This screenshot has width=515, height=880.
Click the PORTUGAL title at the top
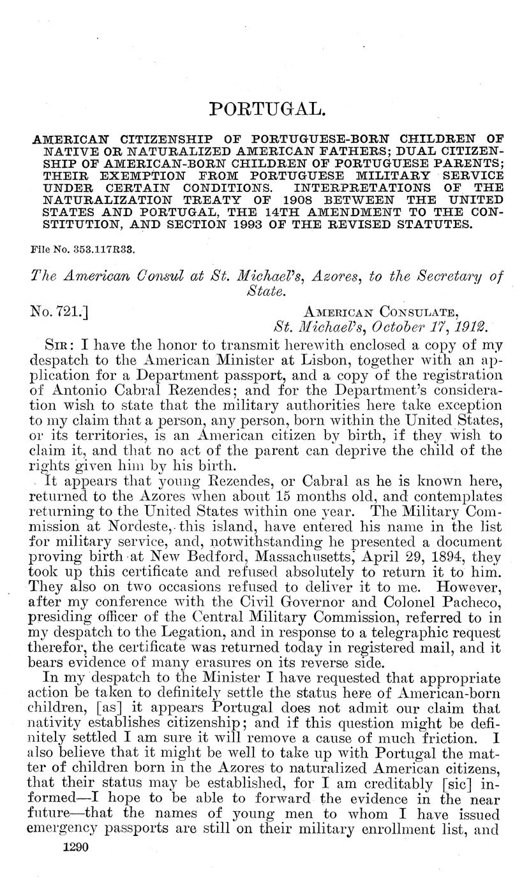pyautogui.click(x=268, y=109)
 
